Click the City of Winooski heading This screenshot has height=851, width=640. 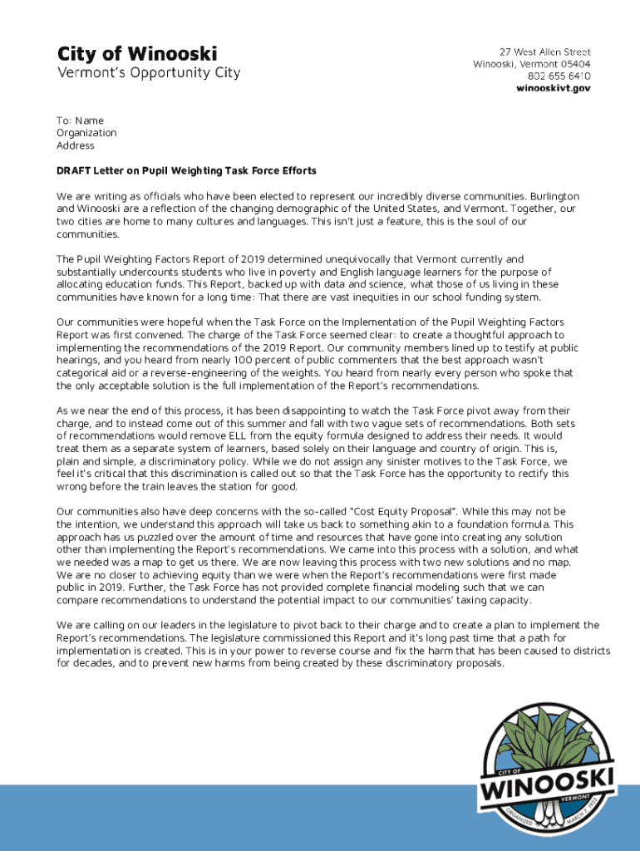point(137,54)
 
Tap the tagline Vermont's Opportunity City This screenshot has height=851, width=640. point(148,72)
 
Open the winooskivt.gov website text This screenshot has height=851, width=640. point(554,87)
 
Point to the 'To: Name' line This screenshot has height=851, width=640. point(80,121)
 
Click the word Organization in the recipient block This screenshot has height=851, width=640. point(86,133)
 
